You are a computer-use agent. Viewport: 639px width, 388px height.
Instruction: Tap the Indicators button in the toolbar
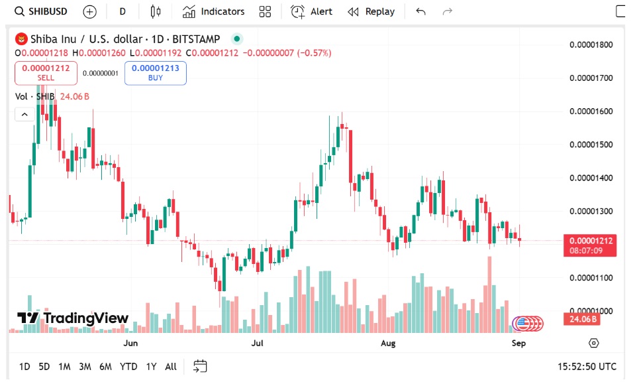(214, 11)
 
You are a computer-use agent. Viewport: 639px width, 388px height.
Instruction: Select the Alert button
(312, 11)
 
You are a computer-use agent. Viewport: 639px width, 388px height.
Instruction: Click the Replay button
(371, 11)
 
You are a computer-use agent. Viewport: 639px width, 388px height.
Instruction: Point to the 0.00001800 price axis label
(591, 44)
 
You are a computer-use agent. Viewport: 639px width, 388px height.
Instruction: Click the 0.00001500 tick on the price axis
(591, 145)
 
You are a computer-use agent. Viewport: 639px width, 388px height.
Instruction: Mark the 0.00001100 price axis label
(591, 277)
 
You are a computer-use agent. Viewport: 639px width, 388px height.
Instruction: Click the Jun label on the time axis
(131, 343)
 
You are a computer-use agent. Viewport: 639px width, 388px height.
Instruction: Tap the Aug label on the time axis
(388, 343)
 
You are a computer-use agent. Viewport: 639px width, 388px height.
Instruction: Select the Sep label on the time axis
(518, 343)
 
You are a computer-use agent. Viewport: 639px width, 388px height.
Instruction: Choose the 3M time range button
(85, 366)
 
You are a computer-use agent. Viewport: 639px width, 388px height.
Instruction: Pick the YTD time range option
(128, 366)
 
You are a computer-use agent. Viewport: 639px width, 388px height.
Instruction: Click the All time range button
(171, 366)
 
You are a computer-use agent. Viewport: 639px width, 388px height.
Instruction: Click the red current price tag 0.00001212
(589, 241)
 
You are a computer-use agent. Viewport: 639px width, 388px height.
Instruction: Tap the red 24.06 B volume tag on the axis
(581, 319)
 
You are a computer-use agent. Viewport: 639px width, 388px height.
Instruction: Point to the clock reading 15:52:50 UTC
(587, 366)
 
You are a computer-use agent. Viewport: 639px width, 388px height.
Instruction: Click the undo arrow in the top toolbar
(420, 11)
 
